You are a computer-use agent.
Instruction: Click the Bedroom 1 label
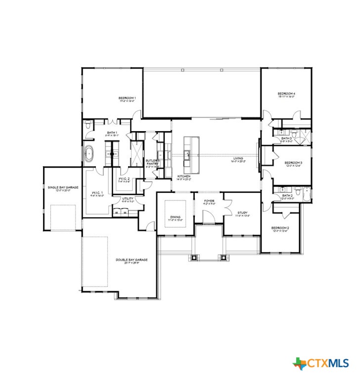click(127, 98)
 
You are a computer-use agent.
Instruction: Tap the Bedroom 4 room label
click(286, 94)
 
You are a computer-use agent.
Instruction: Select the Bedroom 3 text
click(293, 163)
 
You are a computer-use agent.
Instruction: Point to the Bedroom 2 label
click(280, 228)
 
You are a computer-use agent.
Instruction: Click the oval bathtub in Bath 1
click(90, 154)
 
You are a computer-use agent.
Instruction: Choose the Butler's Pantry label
click(152, 161)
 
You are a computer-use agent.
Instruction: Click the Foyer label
click(209, 201)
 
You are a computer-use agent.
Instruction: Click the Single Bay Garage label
click(60, 188)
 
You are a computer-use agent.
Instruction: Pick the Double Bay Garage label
click(132, 260)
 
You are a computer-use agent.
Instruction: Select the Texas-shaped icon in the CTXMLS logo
click(300, 364)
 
